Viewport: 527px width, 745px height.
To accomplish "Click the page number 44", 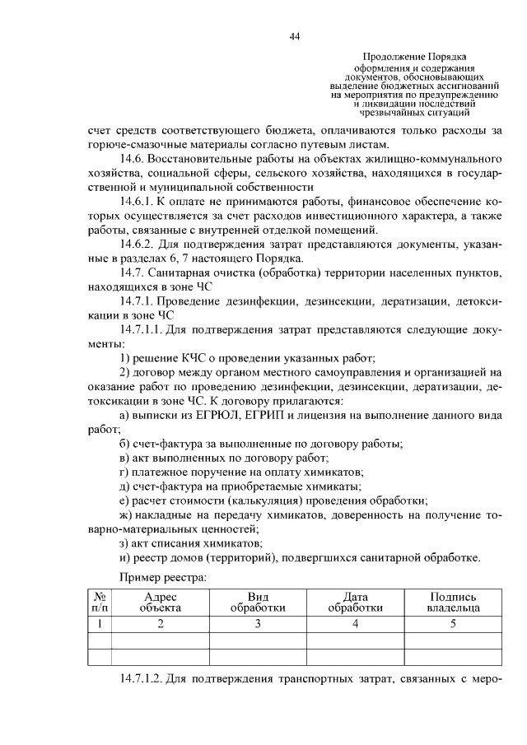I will [295, 36].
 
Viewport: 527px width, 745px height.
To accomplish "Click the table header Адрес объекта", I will [160, 602].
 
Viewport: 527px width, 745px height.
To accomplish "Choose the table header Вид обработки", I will [258, 602].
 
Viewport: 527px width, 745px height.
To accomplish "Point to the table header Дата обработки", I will [355, 602].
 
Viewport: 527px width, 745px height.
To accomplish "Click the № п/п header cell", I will [98, 602].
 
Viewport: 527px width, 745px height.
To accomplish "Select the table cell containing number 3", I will [258, 624].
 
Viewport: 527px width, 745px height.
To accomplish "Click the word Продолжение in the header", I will [385, 57].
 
